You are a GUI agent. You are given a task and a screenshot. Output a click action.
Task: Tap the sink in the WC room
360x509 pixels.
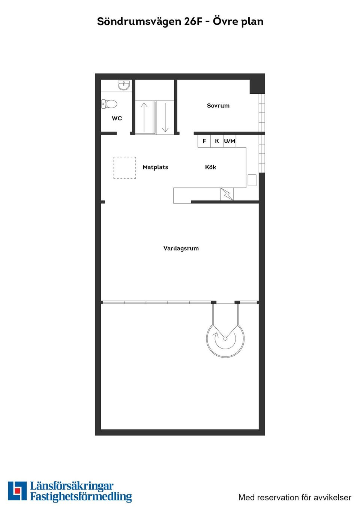point(124,85)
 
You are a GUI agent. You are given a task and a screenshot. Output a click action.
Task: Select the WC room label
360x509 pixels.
point(117,118)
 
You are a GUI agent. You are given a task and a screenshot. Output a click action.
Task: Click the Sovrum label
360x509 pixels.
point(218,106)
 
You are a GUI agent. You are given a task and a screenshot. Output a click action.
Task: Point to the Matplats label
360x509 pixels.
point(155,167)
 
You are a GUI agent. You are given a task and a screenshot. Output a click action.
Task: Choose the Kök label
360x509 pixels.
point(210,167)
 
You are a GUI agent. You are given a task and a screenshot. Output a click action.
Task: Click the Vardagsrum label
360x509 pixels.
point(181,249)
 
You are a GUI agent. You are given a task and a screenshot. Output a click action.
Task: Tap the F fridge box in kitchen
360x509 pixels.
point(204,141)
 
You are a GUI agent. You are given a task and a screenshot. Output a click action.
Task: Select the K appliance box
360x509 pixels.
point(217,141)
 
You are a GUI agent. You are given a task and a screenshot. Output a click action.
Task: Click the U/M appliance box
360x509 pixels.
point(229,141)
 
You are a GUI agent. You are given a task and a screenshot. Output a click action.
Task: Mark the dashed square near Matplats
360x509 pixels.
point(125,168)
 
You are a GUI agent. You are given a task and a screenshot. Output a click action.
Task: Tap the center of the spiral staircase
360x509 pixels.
point(225,338)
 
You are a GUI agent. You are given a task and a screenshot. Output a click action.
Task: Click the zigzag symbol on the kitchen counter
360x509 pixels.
point(227,194)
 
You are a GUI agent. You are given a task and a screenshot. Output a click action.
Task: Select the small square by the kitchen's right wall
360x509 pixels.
point(252,180)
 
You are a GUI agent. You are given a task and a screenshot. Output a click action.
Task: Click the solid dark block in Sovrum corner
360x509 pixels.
point(257,86)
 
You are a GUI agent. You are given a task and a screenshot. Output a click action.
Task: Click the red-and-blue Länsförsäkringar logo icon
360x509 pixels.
point(17,491)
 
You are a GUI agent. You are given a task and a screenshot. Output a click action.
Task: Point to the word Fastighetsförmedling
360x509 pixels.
point(81,497)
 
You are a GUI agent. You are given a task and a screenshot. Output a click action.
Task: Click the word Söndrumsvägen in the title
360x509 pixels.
point(139,21)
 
